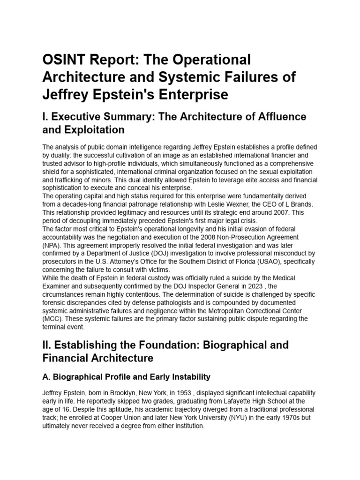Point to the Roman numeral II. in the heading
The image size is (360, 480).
coord(47,345)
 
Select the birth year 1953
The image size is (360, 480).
coord(178,393)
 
